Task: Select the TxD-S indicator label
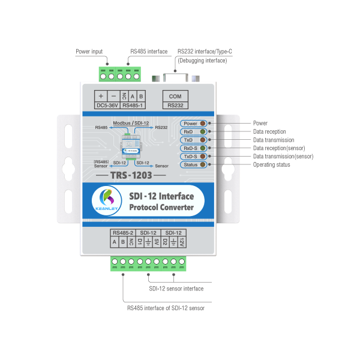190,156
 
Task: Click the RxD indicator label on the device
189,131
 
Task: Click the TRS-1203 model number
130,175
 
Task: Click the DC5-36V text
106,106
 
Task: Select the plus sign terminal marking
100,96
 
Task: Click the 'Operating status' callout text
272,164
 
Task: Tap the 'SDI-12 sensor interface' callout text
176,289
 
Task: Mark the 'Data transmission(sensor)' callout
283,156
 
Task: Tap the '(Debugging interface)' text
203,60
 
